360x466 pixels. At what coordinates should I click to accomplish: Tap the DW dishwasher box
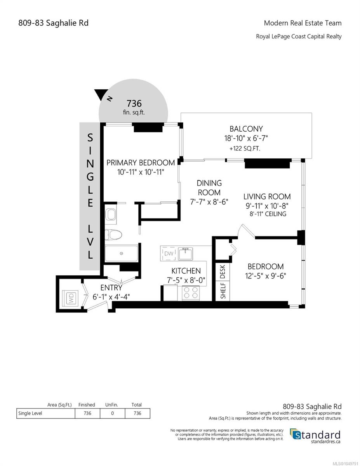[169, 254]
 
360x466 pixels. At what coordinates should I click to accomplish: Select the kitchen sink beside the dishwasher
[186, 254]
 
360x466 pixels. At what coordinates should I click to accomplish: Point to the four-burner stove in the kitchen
[191, 293]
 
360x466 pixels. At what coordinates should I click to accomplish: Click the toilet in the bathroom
[113, 235]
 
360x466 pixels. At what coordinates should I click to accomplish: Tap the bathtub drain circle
[121, 254]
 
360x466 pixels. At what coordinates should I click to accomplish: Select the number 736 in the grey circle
[134, 104]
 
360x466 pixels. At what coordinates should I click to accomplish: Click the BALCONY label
[246, 129]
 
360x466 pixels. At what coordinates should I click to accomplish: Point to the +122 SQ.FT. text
[245, 148]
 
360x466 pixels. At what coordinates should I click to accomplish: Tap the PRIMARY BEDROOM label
[141, 163]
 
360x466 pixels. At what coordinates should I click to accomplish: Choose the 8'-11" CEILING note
[268, 214]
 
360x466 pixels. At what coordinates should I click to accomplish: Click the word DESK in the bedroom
[223, 272]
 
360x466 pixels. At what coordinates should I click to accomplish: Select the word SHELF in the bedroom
[223, 290]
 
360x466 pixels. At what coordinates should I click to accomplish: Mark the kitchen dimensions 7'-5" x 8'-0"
[186, 280]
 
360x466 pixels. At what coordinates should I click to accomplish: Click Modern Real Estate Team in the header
[303, 23]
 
